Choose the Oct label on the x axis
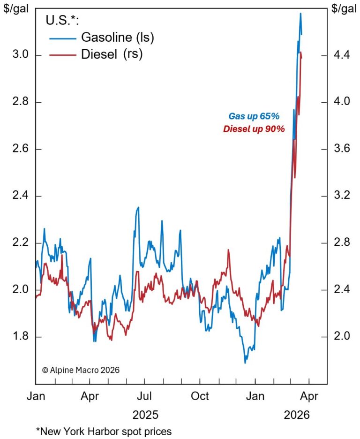pos(200,396)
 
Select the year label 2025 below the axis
pos(145,415)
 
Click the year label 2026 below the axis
pos(296,415)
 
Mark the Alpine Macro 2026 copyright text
pos(81,370)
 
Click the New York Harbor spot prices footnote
pos(104,431)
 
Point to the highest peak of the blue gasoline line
pos(300,13)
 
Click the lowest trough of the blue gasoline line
pos(245,363)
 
